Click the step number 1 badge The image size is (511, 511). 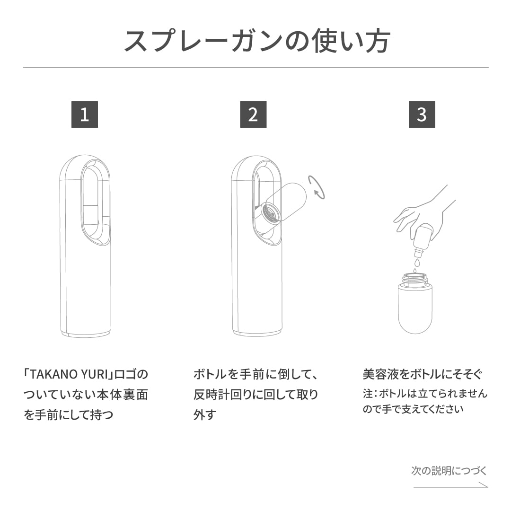click(84, 115)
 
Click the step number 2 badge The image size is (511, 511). click(253, 115)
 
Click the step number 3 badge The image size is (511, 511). click(422, 115)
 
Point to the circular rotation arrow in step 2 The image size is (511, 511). click(316, 187)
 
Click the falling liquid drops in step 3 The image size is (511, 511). click(416, 265)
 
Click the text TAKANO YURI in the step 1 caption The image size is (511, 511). click(66, 374)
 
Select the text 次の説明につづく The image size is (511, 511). click(449, 471)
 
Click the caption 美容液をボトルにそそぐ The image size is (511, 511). click(422, 374)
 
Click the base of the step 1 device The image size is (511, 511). click(86, 333)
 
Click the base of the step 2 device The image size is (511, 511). click(257, 333)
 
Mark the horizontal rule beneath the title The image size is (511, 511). click(256, 68)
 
